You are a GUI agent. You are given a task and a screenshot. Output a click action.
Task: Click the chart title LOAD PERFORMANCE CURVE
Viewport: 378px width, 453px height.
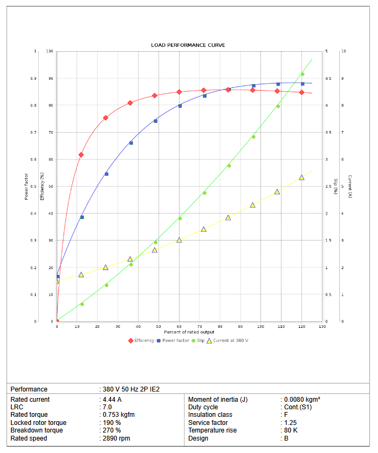(188, 45)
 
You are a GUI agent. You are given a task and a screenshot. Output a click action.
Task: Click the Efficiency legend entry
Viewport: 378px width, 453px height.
(143, 340)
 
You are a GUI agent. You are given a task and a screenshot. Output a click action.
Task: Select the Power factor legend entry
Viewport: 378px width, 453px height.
(176, 340)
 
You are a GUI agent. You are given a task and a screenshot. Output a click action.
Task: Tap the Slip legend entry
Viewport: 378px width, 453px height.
(200, 340)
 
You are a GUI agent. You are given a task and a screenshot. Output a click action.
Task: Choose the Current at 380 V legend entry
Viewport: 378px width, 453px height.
(230, 340)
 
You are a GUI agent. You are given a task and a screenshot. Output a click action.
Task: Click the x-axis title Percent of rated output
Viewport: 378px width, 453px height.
(189, 332)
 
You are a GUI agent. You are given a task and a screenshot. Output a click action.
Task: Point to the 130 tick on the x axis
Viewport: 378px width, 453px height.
(322, 327)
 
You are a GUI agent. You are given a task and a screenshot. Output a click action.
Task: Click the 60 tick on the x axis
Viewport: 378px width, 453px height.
(179, 327)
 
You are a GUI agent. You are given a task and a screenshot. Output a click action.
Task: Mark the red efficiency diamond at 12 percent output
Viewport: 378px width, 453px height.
(81, 155)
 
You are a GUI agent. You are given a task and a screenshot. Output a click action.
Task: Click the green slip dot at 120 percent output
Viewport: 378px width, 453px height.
(303, 74)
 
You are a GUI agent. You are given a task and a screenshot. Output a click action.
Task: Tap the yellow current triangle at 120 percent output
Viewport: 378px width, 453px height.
(301, 177)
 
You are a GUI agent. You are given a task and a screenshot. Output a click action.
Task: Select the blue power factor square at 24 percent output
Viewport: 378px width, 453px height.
(106, 174)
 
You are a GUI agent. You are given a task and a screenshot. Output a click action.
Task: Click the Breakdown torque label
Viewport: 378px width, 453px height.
(37, 430)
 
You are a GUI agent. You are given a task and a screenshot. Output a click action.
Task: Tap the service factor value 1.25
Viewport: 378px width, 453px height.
(290, 423)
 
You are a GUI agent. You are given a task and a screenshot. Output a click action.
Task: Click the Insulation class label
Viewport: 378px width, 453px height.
(210, 415)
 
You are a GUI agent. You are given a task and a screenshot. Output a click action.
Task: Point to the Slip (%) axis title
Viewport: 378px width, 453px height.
(335, 187)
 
